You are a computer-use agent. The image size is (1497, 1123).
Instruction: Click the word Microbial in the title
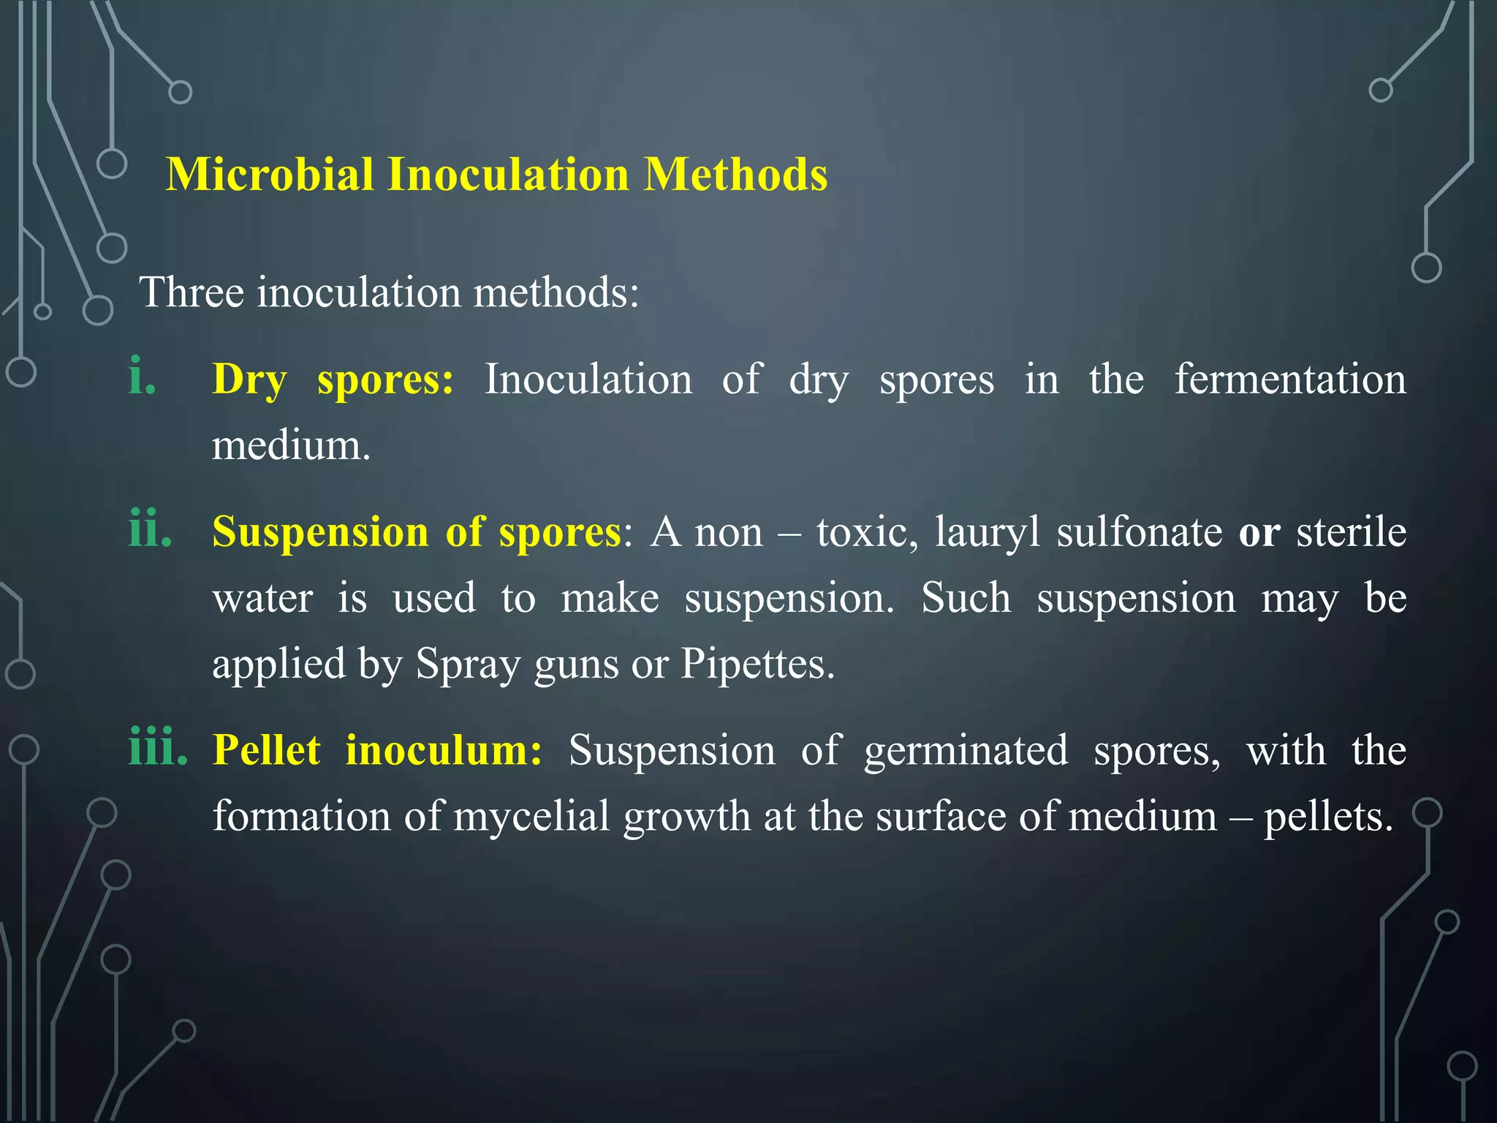(x=270, y=175)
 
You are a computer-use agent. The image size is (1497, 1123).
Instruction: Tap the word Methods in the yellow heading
(x=735, y=175)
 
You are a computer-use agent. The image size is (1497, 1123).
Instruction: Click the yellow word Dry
(x=249, y=380)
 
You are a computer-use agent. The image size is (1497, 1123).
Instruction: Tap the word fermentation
(x=1290, y=379)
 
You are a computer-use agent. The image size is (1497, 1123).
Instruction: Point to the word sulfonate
(x=1139, y=532)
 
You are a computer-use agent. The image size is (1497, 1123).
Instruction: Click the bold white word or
(x=1259, y=533)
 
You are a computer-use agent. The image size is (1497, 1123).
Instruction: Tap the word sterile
(x=1351, y=532)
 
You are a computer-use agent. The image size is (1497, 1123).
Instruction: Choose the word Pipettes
(x=757, y=664)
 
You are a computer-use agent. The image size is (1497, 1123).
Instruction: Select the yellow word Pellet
(x=267, y=750)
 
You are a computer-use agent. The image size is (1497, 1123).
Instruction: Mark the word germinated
(x=966, y=751)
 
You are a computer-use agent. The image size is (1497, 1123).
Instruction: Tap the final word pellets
(x=1328, y=817)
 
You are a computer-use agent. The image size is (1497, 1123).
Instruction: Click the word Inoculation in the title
(x=508, y=175)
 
